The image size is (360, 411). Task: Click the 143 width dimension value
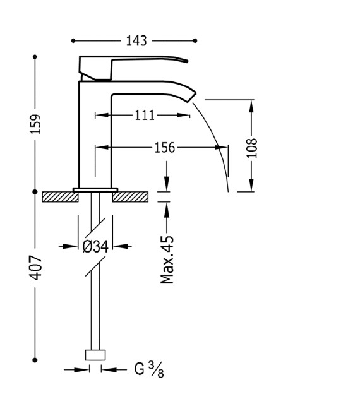pos(136,41)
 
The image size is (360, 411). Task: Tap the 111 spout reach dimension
pos(145,116)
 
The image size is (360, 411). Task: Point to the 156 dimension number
pos(165,148)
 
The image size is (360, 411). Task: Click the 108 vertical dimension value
pos(252,148)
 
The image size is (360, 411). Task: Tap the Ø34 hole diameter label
pos(96,247)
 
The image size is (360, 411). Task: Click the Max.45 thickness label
pos(167,259)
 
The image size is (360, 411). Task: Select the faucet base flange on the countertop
pos(95,189)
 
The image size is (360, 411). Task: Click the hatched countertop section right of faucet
pos(131,197)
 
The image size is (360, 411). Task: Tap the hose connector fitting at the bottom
pos(95,355)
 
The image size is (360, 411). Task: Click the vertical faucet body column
pos(95,136)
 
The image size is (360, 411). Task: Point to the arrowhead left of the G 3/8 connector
pos(81,369)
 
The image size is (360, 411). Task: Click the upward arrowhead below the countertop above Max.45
pos(167,206)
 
